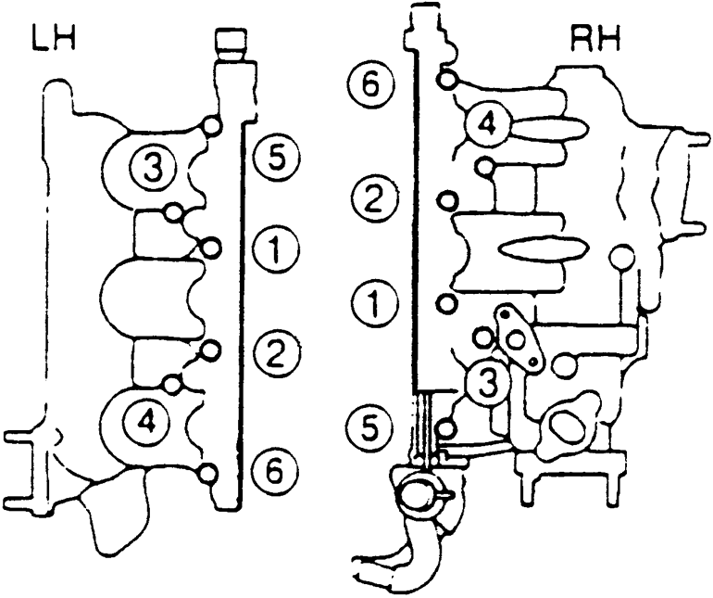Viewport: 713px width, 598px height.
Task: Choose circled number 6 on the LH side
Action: click(x=274, y=473)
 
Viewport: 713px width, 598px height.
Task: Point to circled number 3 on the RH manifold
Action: click(x=485, y=380)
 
